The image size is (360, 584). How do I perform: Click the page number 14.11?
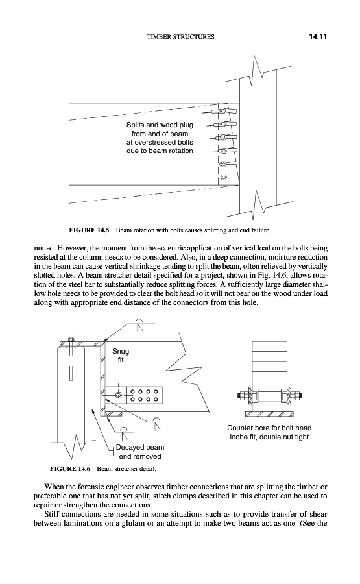point(318,36)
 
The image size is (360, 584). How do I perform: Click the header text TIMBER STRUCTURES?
point(180,36)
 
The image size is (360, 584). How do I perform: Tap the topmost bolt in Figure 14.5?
point(222,110)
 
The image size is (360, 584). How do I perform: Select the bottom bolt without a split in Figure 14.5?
point(223,177)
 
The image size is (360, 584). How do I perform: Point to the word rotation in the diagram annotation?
point(180,151)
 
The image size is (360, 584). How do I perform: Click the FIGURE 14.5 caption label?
point(89,230)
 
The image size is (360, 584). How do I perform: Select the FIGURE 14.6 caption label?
point(70,468)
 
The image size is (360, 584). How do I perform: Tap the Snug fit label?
point(121,356)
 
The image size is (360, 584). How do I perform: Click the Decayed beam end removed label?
point(140,452)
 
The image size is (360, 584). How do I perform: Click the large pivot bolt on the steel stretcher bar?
point(119,395)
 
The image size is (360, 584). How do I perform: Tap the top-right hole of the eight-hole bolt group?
point(156,392)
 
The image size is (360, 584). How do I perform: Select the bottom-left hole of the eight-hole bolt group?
point(132,400)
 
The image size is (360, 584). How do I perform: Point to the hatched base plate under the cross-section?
point(270,414)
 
